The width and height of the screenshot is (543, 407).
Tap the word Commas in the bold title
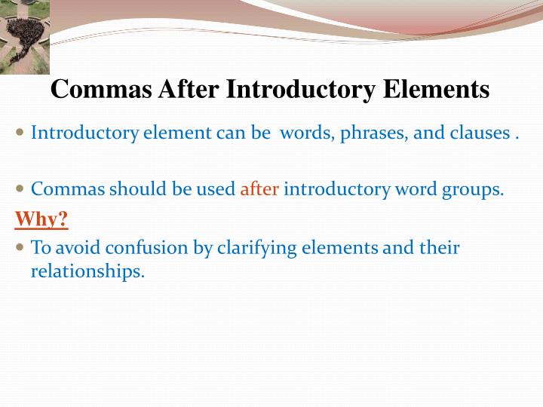(102, 90)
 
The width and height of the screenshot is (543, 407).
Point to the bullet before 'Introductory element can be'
(20, 133)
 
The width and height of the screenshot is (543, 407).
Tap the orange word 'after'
(259, 189)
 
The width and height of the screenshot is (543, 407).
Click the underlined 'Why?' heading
(41, 219)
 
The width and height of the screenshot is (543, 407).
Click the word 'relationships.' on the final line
(87, 271)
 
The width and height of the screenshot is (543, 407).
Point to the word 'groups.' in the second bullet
(476, 189)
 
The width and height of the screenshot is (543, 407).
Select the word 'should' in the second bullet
(138, 189)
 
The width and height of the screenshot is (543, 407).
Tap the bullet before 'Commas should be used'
(20, 189)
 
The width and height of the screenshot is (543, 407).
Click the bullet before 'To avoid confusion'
(20, 247)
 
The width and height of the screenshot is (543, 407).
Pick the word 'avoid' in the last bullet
(78, 248)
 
